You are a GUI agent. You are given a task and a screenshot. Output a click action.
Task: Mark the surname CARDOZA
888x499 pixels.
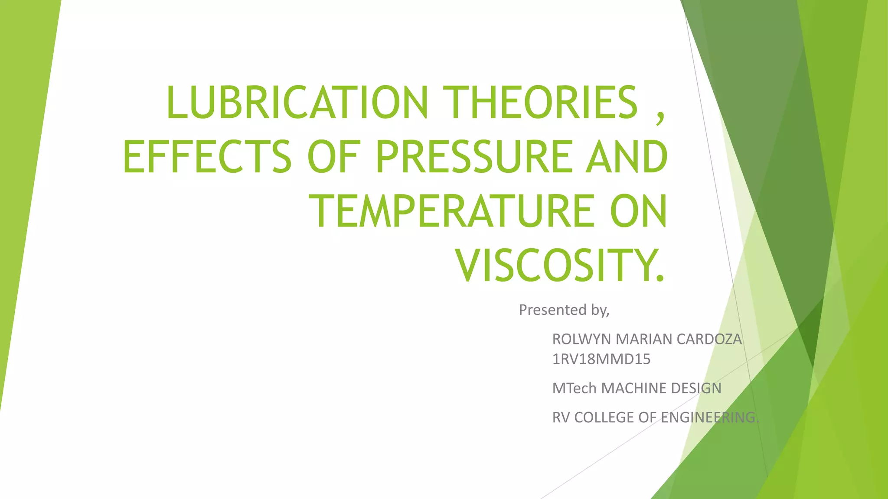point(709,339)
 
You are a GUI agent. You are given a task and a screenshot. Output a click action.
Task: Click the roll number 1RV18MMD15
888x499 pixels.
point(601,359)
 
